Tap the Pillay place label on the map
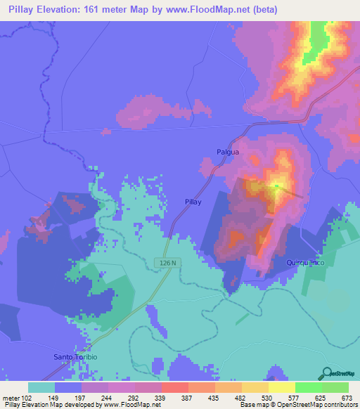click(x=193, y=202)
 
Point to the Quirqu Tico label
click(x=304, y=263)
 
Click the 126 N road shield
click(x=163, y=262)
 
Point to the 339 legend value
click(x=160, y=396)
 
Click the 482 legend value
click(x=240, y=396)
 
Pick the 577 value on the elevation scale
click(x=293, y=396)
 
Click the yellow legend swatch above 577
click(x=281, y=387)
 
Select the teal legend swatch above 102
click(x=41, y=387)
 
